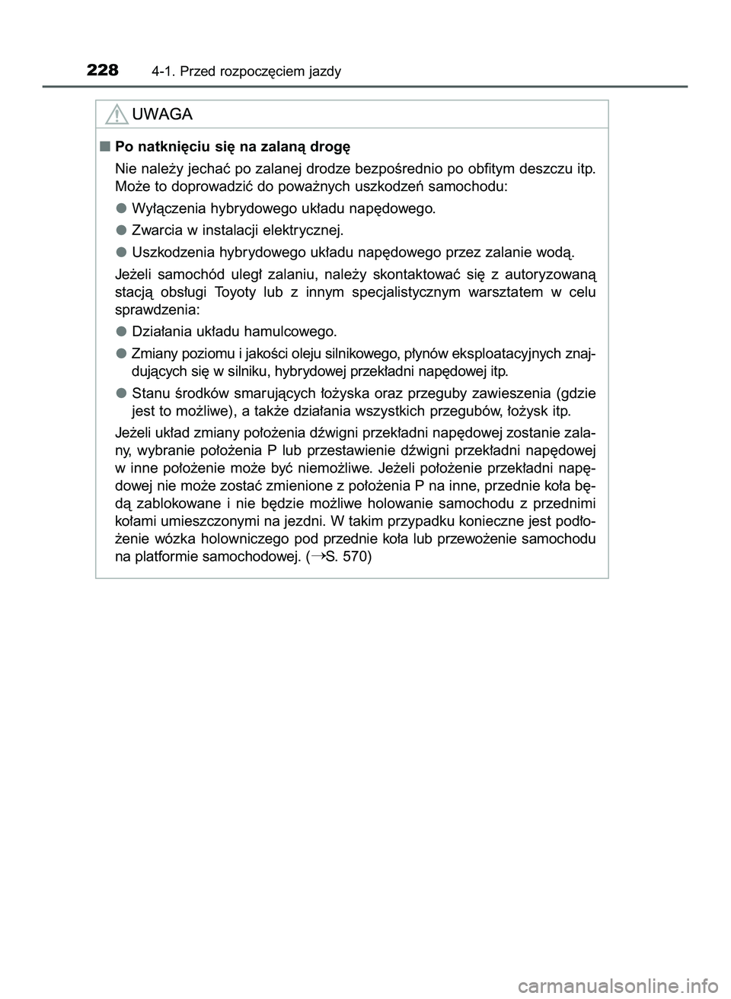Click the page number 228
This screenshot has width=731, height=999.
tap(103, 71)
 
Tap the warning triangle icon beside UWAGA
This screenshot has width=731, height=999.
tap(117, 115)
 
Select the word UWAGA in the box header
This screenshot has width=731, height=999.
tap(162, 114)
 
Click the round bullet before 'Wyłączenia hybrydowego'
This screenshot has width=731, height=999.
tap(121, 208)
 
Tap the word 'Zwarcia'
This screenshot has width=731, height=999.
tap(158, 230)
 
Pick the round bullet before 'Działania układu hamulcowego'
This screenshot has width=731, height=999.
tap(121, 331)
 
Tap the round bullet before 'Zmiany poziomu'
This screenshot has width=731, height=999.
tap(121, 353)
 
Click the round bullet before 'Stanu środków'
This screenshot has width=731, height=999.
tap(121, 393)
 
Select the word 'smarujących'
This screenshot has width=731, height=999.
tap(264, 393)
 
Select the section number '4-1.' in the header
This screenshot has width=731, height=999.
tap(164, 72)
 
